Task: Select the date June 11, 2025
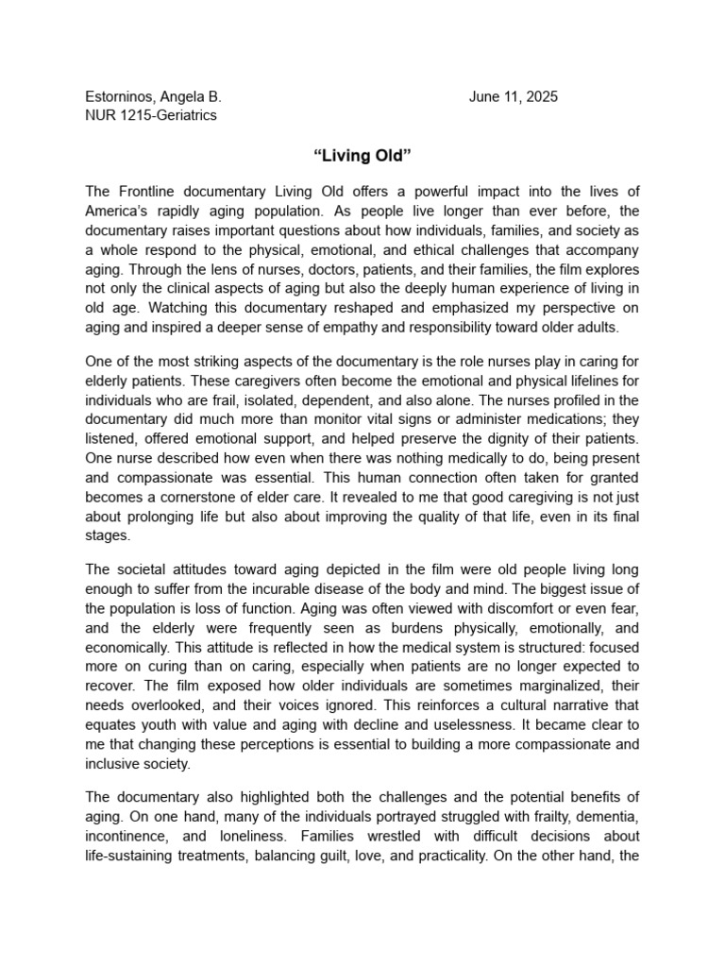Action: coord(513,97)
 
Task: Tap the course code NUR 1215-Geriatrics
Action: coord(151,115)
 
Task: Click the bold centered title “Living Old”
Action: coord(362,154)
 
